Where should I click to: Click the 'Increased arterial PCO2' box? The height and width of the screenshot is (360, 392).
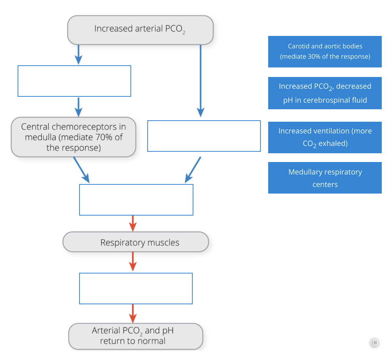[140, 30]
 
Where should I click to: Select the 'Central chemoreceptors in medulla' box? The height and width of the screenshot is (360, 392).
[73, 137]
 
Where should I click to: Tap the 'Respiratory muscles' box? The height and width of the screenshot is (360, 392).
[136, 242]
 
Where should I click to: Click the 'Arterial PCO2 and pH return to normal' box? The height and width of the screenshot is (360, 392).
[136, 336]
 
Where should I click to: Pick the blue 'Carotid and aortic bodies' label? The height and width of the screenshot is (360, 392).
[325, 52]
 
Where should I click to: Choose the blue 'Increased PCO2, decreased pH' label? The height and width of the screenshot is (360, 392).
[325, 93]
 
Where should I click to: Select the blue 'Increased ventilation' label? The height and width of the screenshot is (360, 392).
[325, 137]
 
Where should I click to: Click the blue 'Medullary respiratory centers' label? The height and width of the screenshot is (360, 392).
[325, 178]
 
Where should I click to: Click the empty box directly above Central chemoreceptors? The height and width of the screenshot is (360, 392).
[74, 81]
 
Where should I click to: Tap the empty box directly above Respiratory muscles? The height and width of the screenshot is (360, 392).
[136, 200]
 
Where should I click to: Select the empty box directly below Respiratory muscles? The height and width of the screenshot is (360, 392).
[136, 288]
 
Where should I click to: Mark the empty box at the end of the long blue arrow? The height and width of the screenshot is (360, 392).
[204, 136]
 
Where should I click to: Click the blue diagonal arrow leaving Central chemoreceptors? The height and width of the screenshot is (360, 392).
[81, 169]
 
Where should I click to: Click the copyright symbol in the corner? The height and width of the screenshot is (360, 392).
[374, 342]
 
